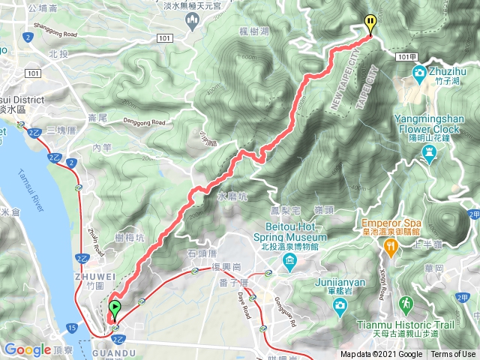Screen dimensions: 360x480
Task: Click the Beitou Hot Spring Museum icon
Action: coord(289,260)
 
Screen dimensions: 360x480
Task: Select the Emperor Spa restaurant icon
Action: coord(389,247)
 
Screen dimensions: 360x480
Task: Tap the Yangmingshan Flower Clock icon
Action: coord(429,154)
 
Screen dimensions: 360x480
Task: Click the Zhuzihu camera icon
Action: coord(418,73)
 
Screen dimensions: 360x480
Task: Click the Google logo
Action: coord(28,349)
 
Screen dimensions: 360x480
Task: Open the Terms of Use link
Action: coord(452,354)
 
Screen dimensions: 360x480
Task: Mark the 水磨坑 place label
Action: coord(231,196)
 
